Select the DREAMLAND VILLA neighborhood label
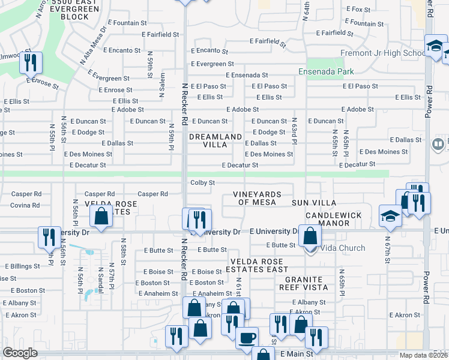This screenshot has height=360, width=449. pyautogui.click(x=215, y=141)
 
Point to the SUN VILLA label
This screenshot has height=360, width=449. pyautogui.click(x=314, y=203)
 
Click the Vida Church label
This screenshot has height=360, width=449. pyautogui.click(x=343, y=248)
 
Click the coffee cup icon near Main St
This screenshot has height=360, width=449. pyautogui.click(x=247, y=338)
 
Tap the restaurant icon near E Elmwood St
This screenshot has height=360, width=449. pyautogui.click(x=31, y=62)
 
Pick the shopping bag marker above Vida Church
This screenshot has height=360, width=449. pyautogui.click(x=310, y=236)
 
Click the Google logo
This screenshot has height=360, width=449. pyautogui.click(x=20, y=353)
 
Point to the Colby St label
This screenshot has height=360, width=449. pyautogui.click(x=202, y=182)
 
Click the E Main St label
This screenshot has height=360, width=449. pyautogui.click(x=298, y=355)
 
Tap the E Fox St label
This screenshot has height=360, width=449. pyautogui.click(x=359, y=9)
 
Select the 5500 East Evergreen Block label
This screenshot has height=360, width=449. pyautogui.click(x=71, y=10)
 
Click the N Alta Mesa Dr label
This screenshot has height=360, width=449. pyautogui.click(x=93, y=43)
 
